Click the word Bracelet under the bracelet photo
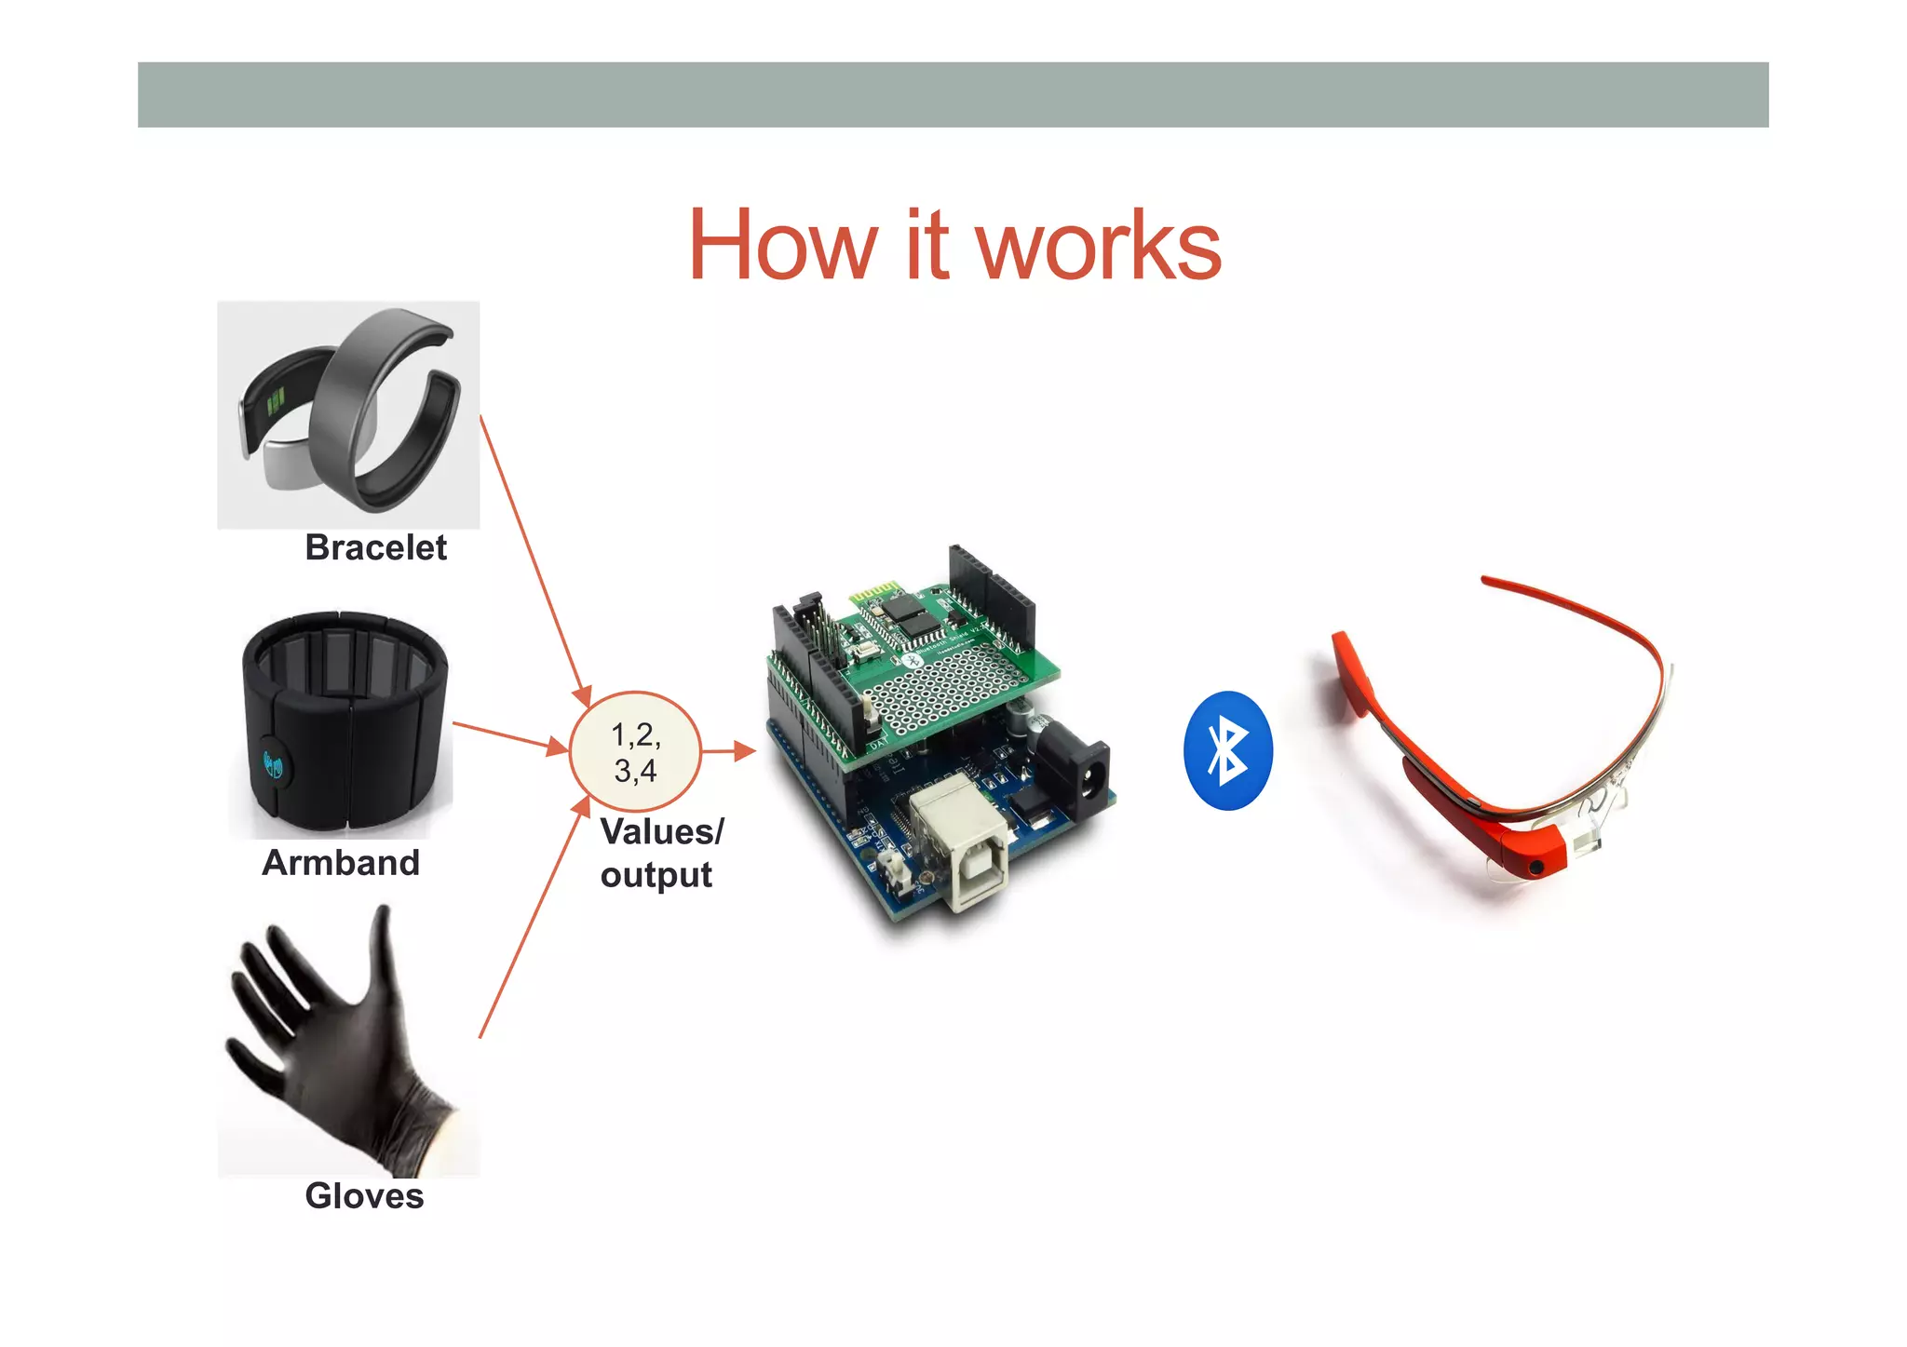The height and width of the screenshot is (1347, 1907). pos(375,547)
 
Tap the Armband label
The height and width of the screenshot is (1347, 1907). pos(341,863)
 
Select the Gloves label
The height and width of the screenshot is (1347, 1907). pos(364,1196)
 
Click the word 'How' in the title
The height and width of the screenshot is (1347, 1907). pos(782,245)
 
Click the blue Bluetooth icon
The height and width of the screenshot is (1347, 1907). pos(1227,750)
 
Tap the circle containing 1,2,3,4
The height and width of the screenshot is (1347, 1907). pos(635,752)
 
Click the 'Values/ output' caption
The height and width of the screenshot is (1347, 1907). pos(660,853)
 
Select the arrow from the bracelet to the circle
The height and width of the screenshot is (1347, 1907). pos(534,559)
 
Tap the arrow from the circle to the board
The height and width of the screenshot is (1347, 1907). pos(727,750)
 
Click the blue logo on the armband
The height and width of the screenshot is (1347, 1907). pos(273,765)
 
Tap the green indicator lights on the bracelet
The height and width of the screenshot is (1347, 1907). pos(276,403)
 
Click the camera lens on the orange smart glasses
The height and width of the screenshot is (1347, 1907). pos(1535,868)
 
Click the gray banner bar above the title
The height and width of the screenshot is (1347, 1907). pos(953,95)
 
